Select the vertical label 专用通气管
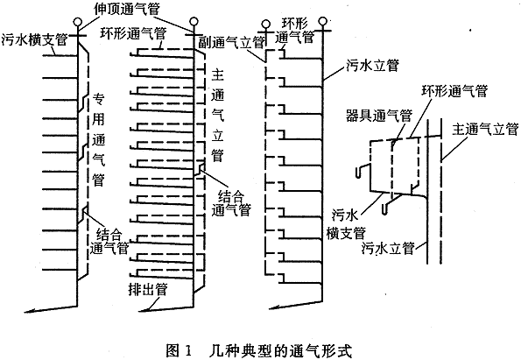98,139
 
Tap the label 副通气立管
231,42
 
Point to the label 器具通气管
379,116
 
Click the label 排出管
148,290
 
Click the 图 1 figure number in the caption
179,351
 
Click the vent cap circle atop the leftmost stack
78,22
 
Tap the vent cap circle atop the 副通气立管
266,24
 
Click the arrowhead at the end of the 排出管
142,311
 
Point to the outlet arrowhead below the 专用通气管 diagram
29,312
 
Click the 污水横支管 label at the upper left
34,39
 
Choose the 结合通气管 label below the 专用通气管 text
109,242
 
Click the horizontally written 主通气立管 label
485,129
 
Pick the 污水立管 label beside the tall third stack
372,65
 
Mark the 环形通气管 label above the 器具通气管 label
454,90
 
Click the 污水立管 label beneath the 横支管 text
388,248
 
